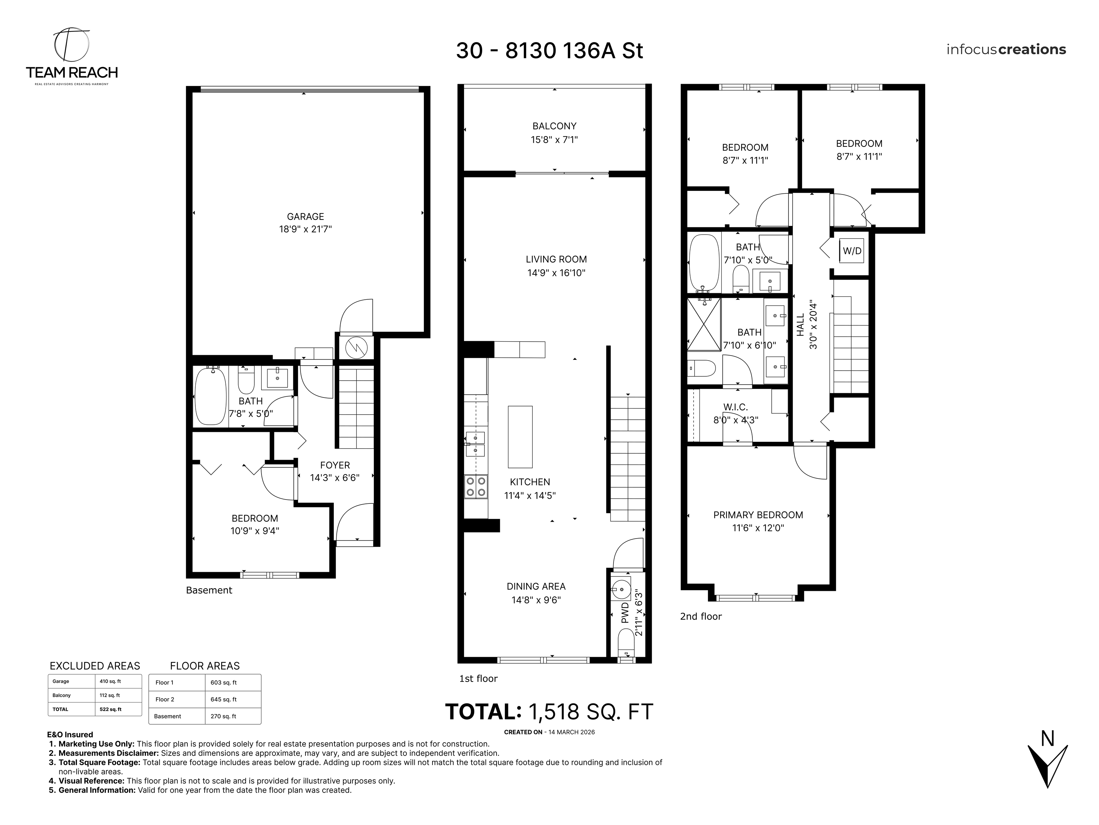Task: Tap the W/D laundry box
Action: coord(851,251)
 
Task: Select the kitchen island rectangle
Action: coord(520,436)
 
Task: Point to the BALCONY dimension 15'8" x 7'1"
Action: coord(554,140)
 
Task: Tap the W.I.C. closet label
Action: coord(735,407)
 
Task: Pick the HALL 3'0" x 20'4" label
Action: coord(806,324)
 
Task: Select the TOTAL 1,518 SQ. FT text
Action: coord(549,711)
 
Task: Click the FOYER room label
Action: coord(334,465)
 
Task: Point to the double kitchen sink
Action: coord(475,444)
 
